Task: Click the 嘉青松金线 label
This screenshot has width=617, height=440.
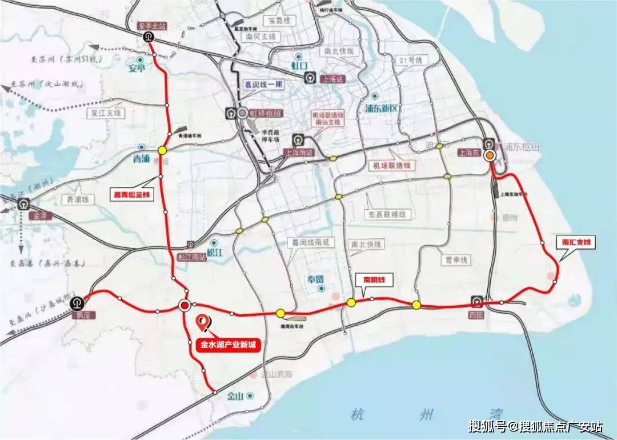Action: (x=133, y=195)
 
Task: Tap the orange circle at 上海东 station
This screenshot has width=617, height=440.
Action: (x=490, y=155)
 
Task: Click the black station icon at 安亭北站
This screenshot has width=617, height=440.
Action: (x=148, y=37)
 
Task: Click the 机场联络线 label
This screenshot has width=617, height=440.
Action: (x=392, y=165)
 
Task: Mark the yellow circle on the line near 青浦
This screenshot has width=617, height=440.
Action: (x=162, y=150)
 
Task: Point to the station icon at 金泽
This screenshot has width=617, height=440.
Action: (x=24, y=203)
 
